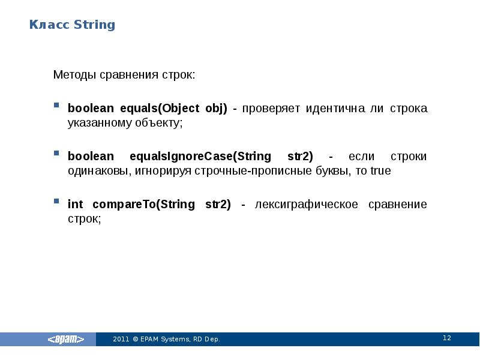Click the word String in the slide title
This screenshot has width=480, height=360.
[94, 25]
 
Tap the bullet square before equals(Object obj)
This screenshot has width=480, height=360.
[56, 105]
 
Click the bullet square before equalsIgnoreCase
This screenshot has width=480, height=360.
[56, 153]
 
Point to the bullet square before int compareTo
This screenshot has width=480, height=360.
[56, 201]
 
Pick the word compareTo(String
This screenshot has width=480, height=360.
[143, 205]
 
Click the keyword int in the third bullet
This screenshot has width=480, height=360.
[75, 205]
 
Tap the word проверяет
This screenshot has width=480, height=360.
[272, 109]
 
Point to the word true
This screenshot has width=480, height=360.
[381, 171]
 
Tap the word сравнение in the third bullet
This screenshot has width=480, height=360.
[399, 205]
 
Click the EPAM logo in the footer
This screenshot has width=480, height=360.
[66, 340]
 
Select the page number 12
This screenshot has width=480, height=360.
[446, 338]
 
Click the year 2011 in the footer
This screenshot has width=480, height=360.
[121, 340]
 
